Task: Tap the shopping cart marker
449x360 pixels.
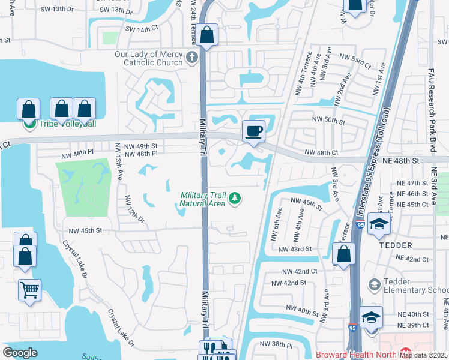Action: (29, 290)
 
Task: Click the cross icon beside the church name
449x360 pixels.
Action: (191, 58)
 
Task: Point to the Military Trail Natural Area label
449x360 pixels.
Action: (203, 199)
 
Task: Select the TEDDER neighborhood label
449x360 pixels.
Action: (395, 245)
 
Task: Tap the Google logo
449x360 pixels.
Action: (20, 353)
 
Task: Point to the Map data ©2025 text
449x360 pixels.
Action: (423, 355)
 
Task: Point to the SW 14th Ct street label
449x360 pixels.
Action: (142, 29)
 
